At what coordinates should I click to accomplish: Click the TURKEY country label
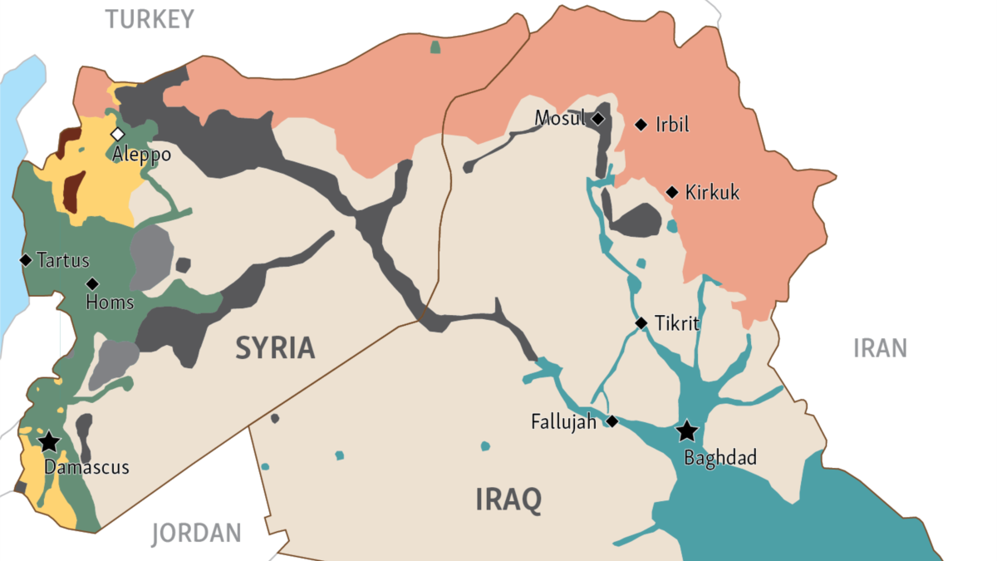150,19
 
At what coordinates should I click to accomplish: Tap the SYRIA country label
275,347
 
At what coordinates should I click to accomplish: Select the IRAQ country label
508,499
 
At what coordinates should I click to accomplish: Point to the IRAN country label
880,347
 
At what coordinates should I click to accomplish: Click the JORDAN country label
196,533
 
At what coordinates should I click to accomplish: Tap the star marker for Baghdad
686,431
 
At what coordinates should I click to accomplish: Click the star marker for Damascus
50,440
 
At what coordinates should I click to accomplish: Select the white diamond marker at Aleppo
118,134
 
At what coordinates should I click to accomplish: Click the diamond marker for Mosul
597,119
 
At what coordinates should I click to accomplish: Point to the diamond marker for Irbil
641,125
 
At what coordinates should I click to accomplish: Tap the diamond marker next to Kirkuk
672,192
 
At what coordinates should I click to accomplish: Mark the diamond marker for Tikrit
641,322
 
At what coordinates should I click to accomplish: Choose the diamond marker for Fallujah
612,421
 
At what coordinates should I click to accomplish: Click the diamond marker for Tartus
26,260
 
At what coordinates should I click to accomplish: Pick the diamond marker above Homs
92,283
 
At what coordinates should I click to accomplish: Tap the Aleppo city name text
142,155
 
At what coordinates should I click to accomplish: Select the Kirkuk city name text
712,193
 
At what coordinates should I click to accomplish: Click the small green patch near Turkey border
435,47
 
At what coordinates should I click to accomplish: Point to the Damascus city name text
86,467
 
